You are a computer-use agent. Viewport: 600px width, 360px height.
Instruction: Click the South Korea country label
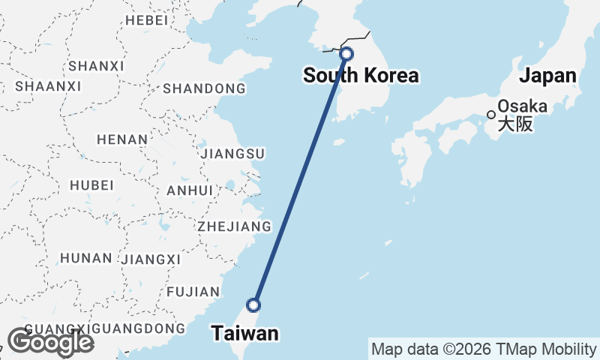coord(361,75)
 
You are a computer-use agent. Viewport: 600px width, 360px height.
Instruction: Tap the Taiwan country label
coord(244,333)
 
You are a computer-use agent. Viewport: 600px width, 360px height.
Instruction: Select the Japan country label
coord(548,75)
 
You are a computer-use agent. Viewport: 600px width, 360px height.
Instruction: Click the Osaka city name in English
coord(522,106)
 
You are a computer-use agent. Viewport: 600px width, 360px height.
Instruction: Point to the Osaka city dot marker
coord(491,115)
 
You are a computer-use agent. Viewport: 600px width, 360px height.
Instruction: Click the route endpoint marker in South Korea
coord(346,54)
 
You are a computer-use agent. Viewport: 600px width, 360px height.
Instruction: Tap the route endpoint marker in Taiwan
coord(253,305)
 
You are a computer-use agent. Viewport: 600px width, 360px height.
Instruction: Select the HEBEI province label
coord(147,20)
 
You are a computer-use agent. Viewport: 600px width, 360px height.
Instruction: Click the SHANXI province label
coord(96,66)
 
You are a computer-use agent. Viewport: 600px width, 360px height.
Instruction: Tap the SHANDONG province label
coord(204,88)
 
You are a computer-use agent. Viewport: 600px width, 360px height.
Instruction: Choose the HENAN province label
coord(121,139)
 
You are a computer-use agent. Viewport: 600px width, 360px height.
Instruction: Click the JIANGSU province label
coord(232,154)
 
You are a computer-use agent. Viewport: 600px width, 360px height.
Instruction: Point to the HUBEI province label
coord(91,184)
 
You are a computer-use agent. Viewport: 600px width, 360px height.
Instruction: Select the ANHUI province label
coord(190,190)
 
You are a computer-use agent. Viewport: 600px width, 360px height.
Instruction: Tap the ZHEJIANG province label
coord(233,226)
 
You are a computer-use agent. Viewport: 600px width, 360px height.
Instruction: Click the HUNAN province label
coord(86,258)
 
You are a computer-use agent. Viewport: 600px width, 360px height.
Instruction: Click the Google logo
coord(50,342)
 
